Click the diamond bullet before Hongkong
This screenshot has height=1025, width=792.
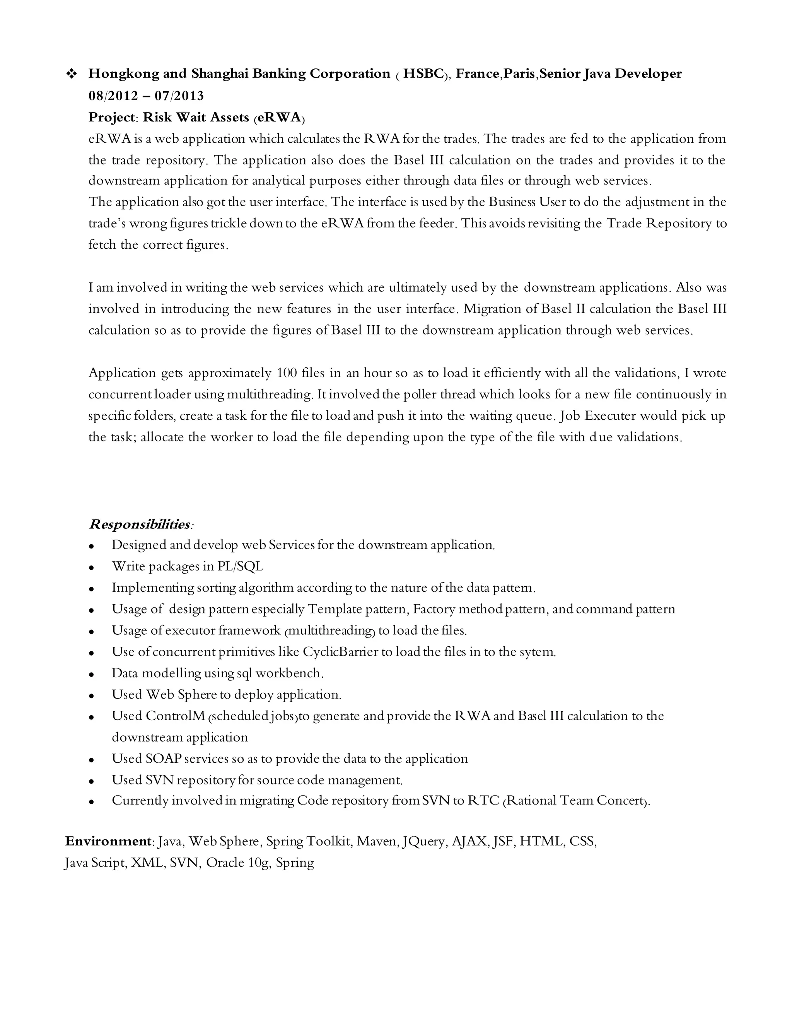72,73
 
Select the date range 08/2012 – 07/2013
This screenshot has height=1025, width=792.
146,96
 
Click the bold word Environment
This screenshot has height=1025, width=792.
108,841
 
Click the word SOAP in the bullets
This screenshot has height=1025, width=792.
163,758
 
